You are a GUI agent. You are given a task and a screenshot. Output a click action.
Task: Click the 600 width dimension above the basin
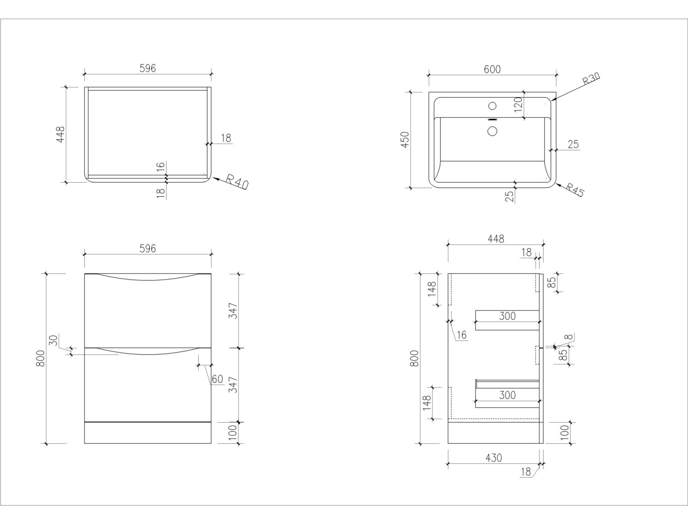(492, 69)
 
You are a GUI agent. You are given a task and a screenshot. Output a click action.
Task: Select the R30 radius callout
(591, 80)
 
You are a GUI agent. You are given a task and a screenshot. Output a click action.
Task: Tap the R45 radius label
(574, 190)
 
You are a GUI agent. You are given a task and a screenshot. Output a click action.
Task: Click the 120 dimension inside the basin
(518, 105)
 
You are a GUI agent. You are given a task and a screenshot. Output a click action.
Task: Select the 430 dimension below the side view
(493, 457)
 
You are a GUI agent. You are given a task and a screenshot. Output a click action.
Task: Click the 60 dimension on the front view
(217, 379)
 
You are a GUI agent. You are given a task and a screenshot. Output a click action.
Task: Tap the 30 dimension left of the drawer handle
(53, 341)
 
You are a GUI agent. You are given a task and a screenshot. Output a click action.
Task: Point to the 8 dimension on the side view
(569, 337)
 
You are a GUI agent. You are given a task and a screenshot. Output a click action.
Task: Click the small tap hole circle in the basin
(492, 106)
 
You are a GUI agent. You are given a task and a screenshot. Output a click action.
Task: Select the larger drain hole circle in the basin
(492, 131)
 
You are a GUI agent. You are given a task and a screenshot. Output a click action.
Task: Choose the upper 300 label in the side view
(507, 316)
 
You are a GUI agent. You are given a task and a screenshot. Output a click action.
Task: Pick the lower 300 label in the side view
(507, 395)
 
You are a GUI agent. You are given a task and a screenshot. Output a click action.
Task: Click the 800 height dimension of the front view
(40, 358)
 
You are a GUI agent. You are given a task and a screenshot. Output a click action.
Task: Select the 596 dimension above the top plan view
(147, 68)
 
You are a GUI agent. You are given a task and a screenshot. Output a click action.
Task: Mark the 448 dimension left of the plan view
(61, 134)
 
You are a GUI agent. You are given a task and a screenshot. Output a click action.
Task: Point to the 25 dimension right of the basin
(573, 144)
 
